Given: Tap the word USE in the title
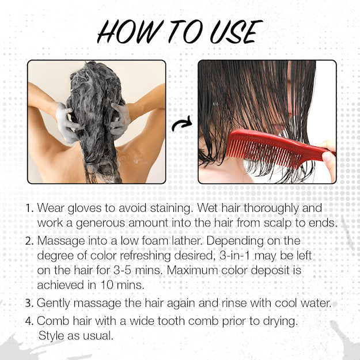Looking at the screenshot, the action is pos(236,32).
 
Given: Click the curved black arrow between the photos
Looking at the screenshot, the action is pos(182,124).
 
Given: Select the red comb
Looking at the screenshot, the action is pos(279,147).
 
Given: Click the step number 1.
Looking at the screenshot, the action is pos(29,209).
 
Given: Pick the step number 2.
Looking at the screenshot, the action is pos(29,241).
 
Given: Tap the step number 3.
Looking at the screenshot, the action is pos(29,303).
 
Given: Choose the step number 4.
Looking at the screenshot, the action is pos(29,321).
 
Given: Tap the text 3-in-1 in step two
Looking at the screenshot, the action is pos(234,256).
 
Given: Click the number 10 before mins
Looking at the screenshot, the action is pos(107,285).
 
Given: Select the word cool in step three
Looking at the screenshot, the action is pos(286,303).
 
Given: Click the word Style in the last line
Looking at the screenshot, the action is pos(51,336).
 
